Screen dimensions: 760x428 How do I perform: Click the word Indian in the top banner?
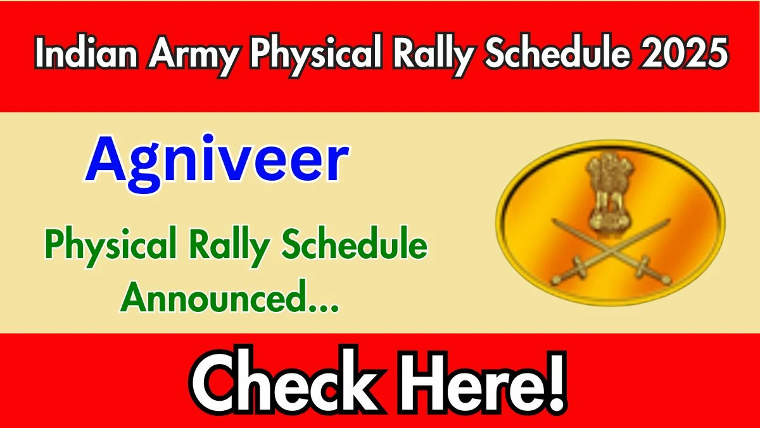click(87, 53)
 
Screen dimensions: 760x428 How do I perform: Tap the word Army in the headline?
click(193, 56)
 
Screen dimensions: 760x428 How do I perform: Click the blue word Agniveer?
click(217, 163)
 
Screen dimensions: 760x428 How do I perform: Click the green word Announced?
click(212, 296)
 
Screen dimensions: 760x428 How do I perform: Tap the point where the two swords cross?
click(611, 252)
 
